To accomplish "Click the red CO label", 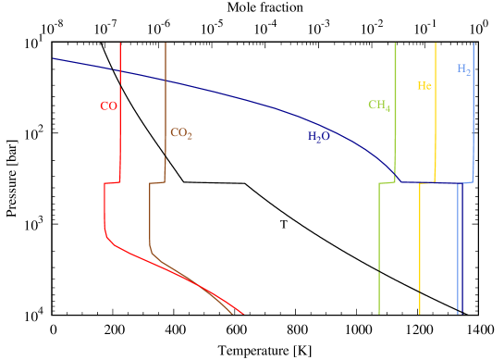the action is pyautogui.click(x=108, y=106).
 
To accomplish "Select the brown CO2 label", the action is pyautogui.click(x=181, y=133).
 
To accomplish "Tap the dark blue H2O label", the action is pyautogui.click(x=319, y=137).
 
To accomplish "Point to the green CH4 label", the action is pyautogui.click(x=379, y=106).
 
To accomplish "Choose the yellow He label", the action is pyautogui.click(x=424, y=86).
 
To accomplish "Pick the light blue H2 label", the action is pyautogui.click(x=464, y=69).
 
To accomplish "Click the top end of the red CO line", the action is pyautogui.click(x=120, y=43).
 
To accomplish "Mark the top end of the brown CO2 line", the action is pyautogui.click(x=166, y=43).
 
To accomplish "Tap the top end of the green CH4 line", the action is pyautogui.click(x=395, y=43).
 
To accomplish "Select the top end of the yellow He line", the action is pyautogui.click(x=436, y=43).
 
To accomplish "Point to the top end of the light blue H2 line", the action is pyautogui.click(x=474, y=43).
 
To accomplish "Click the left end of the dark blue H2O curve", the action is pyautogui.click(x=54, y=58).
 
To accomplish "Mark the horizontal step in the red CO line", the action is pyautogui.click(x=112, y=183).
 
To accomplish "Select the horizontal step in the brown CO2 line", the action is pyautogui.click(x=157, y=183).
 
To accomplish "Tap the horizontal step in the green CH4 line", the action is pyautogui.click(x=387, y=183).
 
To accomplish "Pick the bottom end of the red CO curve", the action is pyautogui.click(x=243, y=314).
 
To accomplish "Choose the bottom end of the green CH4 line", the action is pyautogui.click(x=379, y=314).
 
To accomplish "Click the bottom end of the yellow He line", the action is pyautogui.click(x=421, y=314).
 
